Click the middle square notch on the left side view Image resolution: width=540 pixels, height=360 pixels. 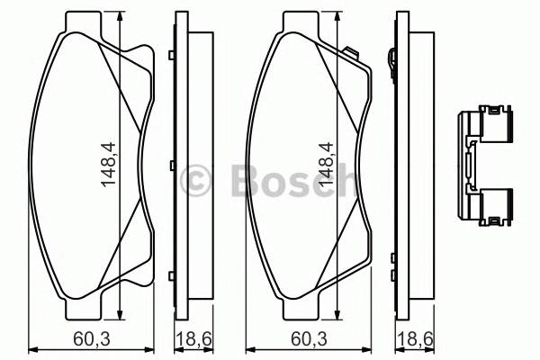tap(170, 166)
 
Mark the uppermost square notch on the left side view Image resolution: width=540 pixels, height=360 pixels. tap(170, 58)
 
